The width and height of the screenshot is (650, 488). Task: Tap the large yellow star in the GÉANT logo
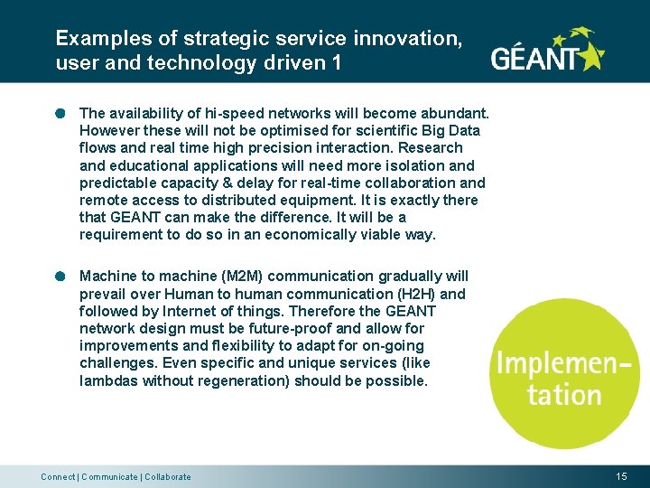pos(590,57)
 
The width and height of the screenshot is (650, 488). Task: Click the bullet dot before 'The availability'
pos(60,114)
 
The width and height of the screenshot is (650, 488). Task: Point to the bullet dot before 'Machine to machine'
pos(60,277)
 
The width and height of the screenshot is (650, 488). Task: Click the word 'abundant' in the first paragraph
pos(454,114)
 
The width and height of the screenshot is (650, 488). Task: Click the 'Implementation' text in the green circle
pos(562,379)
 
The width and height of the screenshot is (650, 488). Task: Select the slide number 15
pos(621,476)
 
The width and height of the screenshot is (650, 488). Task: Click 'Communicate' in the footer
pos(109,477)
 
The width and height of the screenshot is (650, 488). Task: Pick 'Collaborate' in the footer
pos(168,477)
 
